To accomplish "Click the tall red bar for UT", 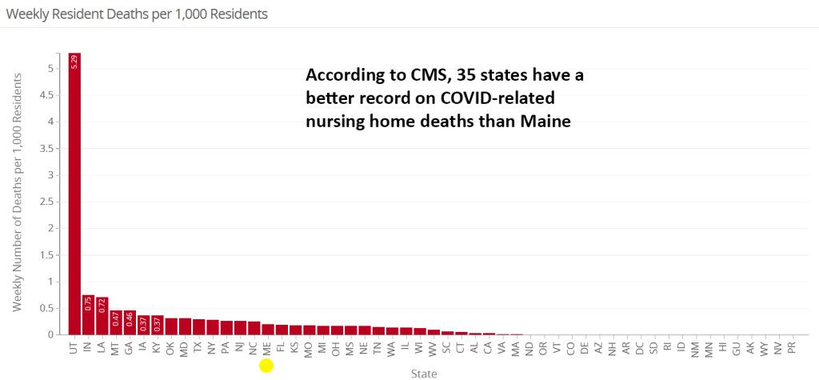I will tap(74, 192).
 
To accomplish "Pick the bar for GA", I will tap(130, 322).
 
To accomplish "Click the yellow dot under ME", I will tap(267, 366).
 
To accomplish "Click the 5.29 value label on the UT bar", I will tap(74, 62).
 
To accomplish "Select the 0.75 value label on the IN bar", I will tap(88, 304).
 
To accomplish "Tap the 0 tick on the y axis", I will tap(50, 334).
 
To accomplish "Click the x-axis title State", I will tap(423, 373).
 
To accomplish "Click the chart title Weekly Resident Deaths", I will tap(137, 14).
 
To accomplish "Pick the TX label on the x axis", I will tap(198, 348).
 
